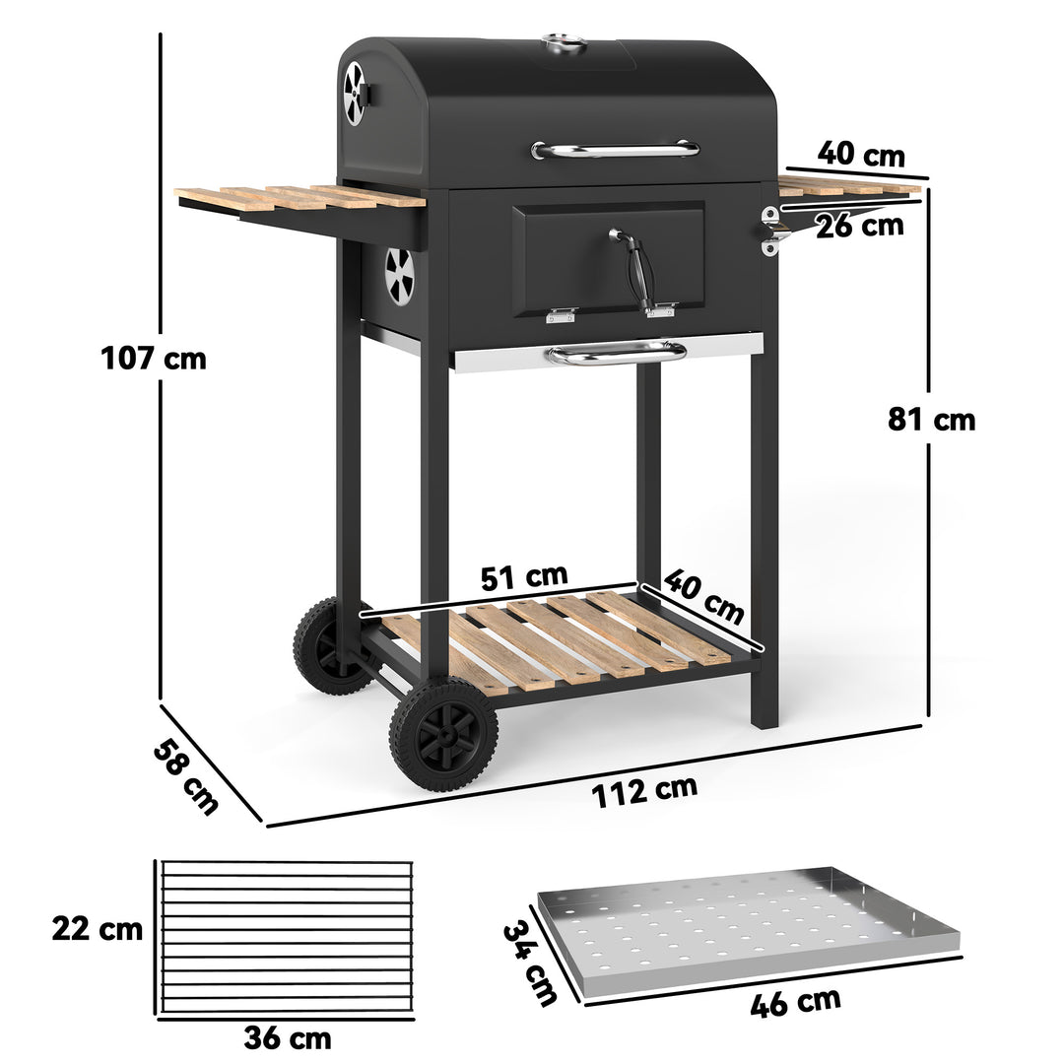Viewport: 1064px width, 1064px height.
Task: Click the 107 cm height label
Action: pos(154,357)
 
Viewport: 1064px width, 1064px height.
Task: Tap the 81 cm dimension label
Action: pos(931,420)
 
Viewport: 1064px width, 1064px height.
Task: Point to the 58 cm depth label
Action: pos(185,775)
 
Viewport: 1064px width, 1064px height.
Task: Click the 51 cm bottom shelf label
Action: pos(524,576)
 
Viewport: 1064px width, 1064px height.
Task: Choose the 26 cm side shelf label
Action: pos(859,226)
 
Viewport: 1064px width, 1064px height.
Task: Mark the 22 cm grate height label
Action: pos(98,928)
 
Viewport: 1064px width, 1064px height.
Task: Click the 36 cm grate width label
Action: pos(288,1037)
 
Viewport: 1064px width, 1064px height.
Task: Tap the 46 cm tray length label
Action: pos(795,1003)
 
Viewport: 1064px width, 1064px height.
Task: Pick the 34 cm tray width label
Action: pos(530,962)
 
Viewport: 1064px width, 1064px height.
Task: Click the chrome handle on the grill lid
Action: pos(616,150)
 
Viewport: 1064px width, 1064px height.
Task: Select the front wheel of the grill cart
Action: pos(443,735)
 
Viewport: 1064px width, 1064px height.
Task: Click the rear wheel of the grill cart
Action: pos(324,646)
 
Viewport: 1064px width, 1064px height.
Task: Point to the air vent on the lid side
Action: pos(354,94)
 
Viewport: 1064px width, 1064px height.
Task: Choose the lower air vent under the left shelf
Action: pos(399,276)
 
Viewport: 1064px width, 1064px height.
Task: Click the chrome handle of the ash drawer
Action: pos(617,352)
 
